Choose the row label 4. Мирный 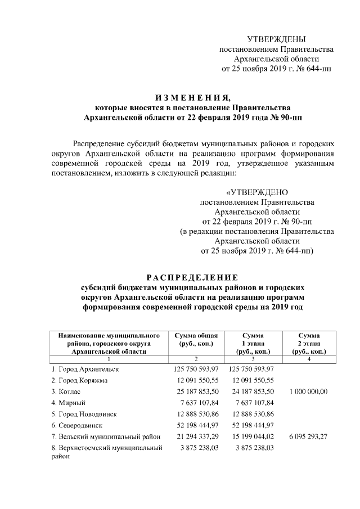(69, 403)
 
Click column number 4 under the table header (309, 359)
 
